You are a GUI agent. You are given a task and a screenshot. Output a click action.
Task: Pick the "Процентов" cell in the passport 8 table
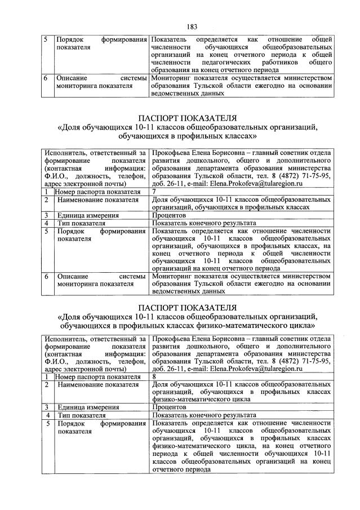169,406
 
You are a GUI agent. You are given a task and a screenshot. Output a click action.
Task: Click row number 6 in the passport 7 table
46,277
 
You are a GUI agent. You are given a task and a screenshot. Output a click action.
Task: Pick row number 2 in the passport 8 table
46,384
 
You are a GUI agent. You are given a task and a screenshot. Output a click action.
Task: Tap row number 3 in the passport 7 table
46,215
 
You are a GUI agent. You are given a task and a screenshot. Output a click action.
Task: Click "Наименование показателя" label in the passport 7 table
97,199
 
